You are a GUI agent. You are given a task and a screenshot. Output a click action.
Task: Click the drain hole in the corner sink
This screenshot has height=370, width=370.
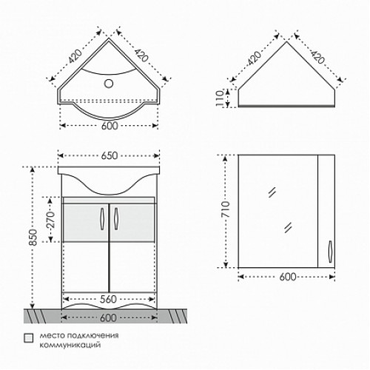pos(109,84)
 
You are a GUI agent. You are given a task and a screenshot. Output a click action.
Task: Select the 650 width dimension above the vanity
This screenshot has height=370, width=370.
pos(110,155)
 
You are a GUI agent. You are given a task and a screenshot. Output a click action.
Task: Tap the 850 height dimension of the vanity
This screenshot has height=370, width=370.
pos(33,238)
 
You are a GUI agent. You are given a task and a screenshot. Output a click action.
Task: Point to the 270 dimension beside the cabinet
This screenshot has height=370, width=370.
pos(50,220)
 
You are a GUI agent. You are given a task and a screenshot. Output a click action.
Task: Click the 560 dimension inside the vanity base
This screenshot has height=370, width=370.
pos(108,299)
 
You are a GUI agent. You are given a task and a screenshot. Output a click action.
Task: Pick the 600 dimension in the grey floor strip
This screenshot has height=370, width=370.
pos(109,317)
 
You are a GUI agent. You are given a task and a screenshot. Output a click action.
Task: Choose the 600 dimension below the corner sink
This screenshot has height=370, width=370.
pos(110,126)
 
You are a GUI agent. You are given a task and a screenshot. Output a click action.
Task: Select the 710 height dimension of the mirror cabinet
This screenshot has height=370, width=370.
pos(226,209)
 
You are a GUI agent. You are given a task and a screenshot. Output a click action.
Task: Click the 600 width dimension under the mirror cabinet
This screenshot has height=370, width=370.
pos(288,277)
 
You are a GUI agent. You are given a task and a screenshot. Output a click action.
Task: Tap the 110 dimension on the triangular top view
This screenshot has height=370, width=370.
pos(220,98)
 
